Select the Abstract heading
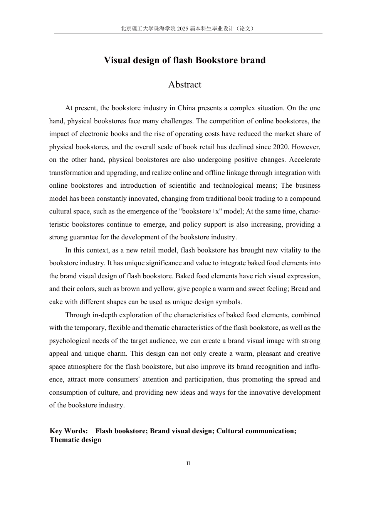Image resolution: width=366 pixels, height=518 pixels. [185, 85]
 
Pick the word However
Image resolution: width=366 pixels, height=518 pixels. [307, 147]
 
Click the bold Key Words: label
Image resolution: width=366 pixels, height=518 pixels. [69, 431]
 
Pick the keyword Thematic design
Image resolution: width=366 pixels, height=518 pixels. [76, 440]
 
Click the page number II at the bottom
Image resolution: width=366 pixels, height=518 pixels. [188, 464]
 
